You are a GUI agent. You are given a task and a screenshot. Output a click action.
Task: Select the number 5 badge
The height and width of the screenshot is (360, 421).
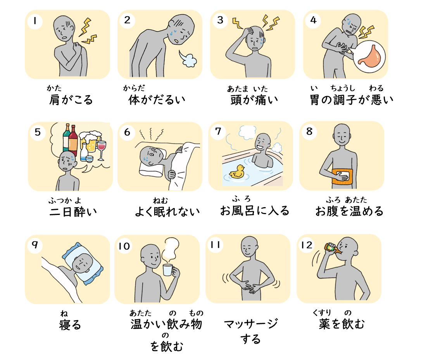click(38, 132)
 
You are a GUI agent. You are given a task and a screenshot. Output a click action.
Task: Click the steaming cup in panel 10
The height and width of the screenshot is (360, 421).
click(168, 270)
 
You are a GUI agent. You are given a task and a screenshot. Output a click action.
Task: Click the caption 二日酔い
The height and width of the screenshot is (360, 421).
click(73, 212)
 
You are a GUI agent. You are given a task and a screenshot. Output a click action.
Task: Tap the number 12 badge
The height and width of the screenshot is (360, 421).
click(306, 245)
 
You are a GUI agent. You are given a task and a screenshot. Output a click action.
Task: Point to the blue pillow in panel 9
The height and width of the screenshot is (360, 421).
click(83, 264)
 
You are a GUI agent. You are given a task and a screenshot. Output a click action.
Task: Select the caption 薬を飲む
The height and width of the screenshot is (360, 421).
click(342, 324)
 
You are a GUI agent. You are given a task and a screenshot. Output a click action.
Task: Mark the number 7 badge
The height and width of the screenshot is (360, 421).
click(218, 131)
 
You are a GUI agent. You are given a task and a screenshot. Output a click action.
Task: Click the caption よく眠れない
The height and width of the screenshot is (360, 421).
click(167, 212)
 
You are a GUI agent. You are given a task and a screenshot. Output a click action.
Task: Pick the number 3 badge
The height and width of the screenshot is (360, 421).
click(220, 20)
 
